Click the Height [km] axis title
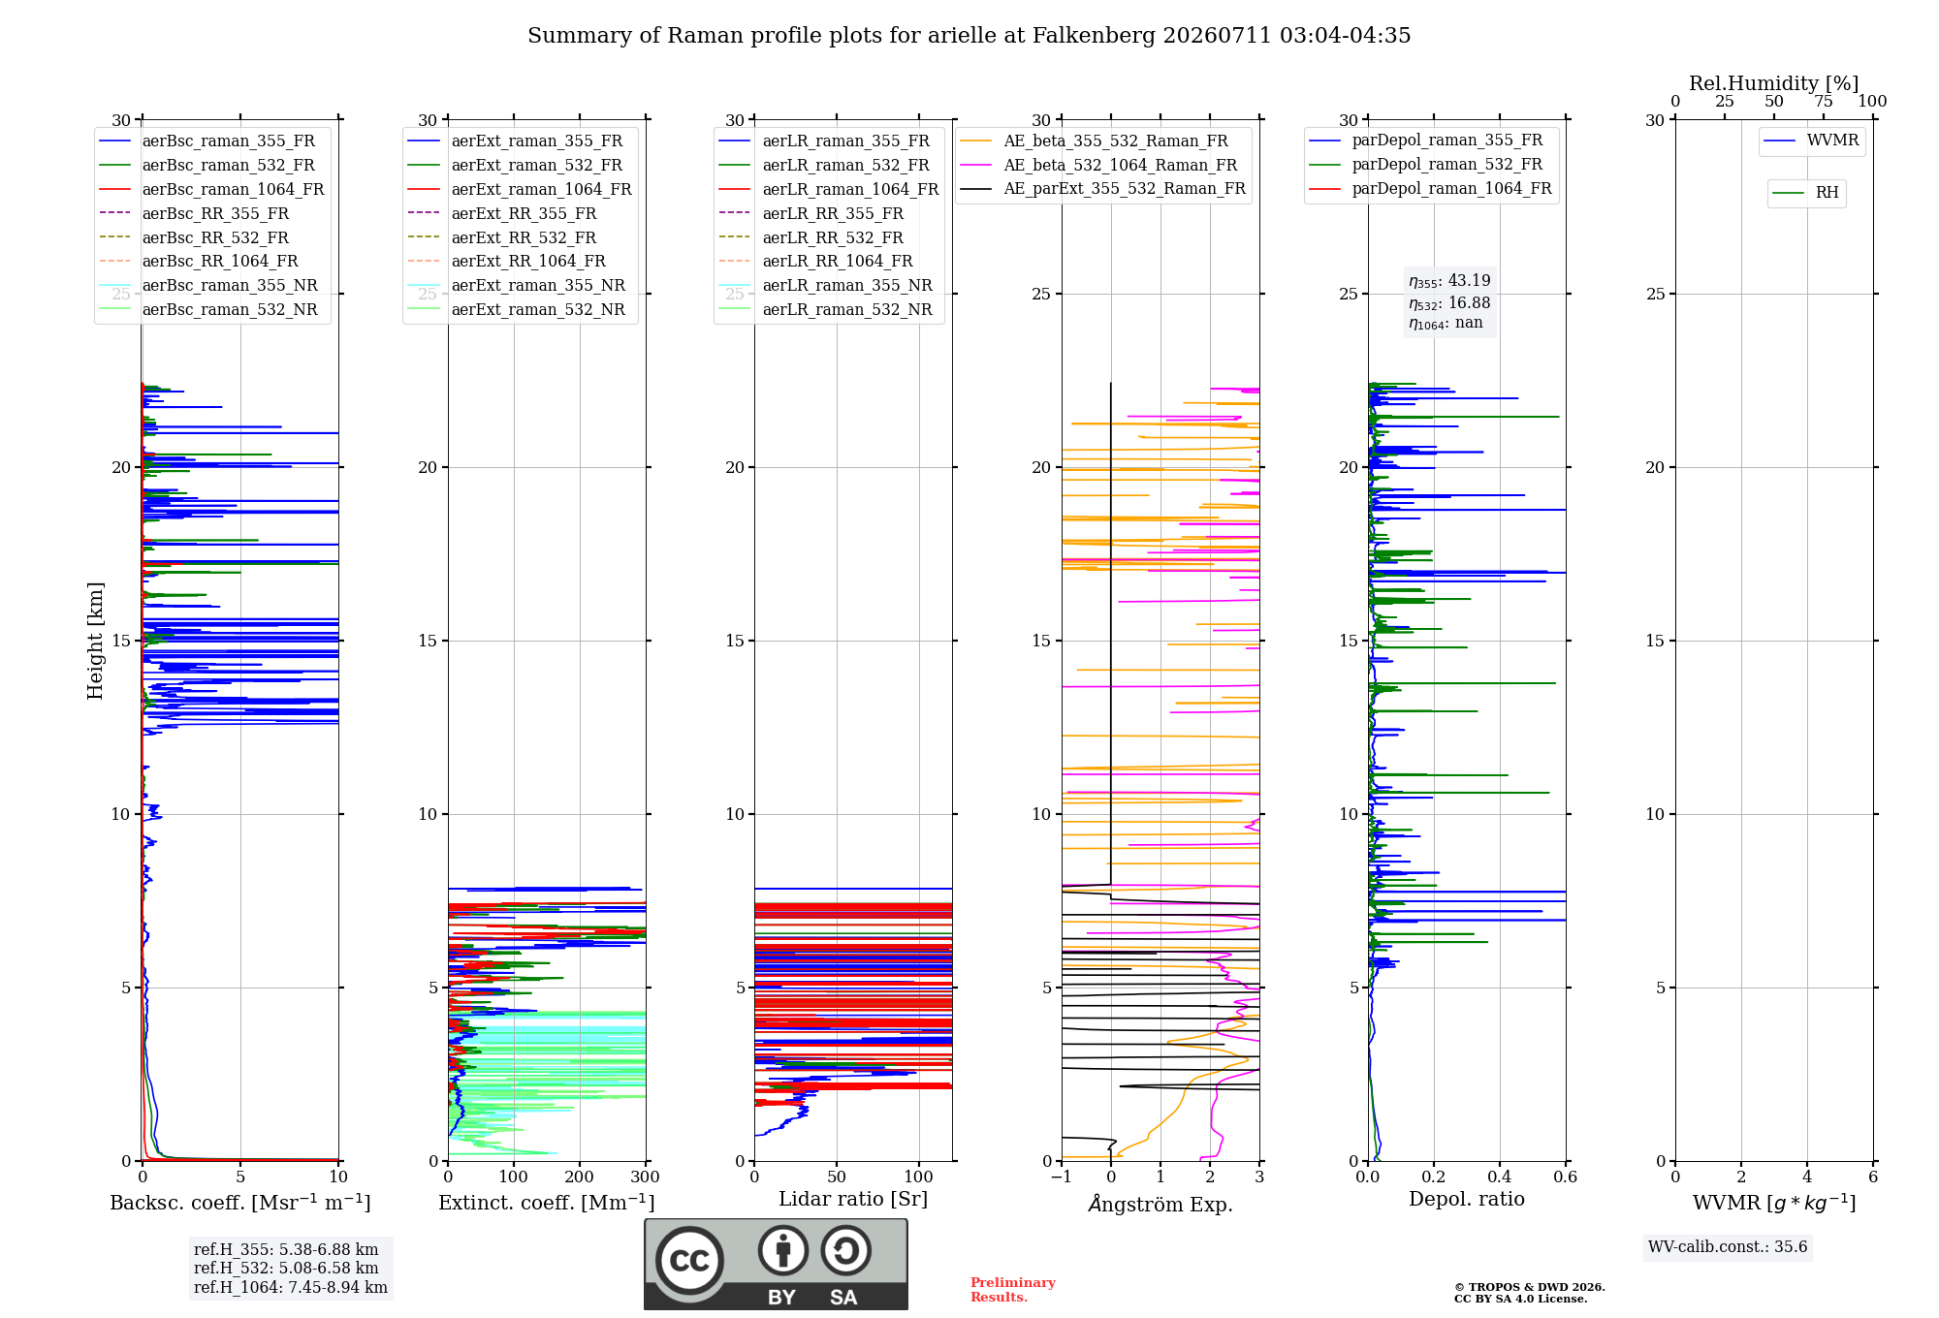pyautogui.click(x=95, y=641)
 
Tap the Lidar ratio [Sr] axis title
pyautogui.click(x=853, y=1199)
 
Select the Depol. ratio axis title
pyautogui.click(x=1467, y=1199)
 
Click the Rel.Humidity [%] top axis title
pyautogui.click(x=1774, y=83)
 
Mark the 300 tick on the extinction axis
pyautogui.click(x=645, y=1177)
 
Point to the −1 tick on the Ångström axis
pyautogui.click(x=1062, y=1177)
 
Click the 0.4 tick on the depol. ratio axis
pyautogui.click(x=1500, y=1177)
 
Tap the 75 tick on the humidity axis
pyautogui.click(x=1824, y=102)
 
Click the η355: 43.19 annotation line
pyautogui.click(x=1449, y=281)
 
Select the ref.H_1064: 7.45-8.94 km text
pyautogui.click(x=291, y=1287)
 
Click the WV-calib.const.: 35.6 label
pyautogui.click(x=1728, y=1247)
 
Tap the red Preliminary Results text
pyautogui.click(x=1013, y=1290)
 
